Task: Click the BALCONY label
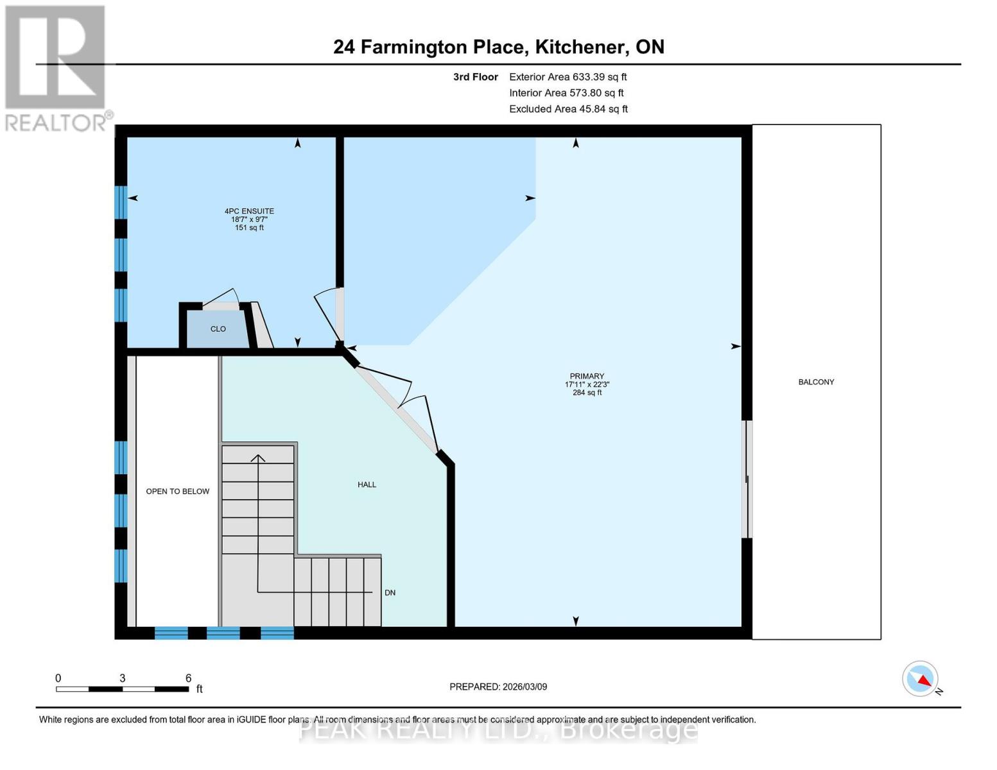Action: pos(816,382)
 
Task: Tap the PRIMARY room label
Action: pos(587,377)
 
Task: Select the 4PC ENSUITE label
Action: pos(249,211)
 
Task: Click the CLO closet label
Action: pos(218,329)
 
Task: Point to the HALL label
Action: pos(367,484)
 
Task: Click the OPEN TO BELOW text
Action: pos(178,492)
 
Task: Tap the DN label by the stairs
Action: pos(390,593)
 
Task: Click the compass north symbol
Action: pos(921,679)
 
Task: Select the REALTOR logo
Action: pos(55,67)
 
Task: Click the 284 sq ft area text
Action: pos(587,393)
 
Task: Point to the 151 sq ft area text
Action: pos(249,228)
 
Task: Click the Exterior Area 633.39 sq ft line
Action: pos(568,77)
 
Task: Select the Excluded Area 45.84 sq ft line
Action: pos(568,109)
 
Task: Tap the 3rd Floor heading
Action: pos(476,77)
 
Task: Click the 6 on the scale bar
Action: pos(188,678)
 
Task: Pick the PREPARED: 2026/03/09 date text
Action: pos(498,687)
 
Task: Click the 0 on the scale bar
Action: pos(58,678)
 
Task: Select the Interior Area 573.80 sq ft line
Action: pos(566,93)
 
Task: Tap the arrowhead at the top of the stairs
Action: pos(258,458)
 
